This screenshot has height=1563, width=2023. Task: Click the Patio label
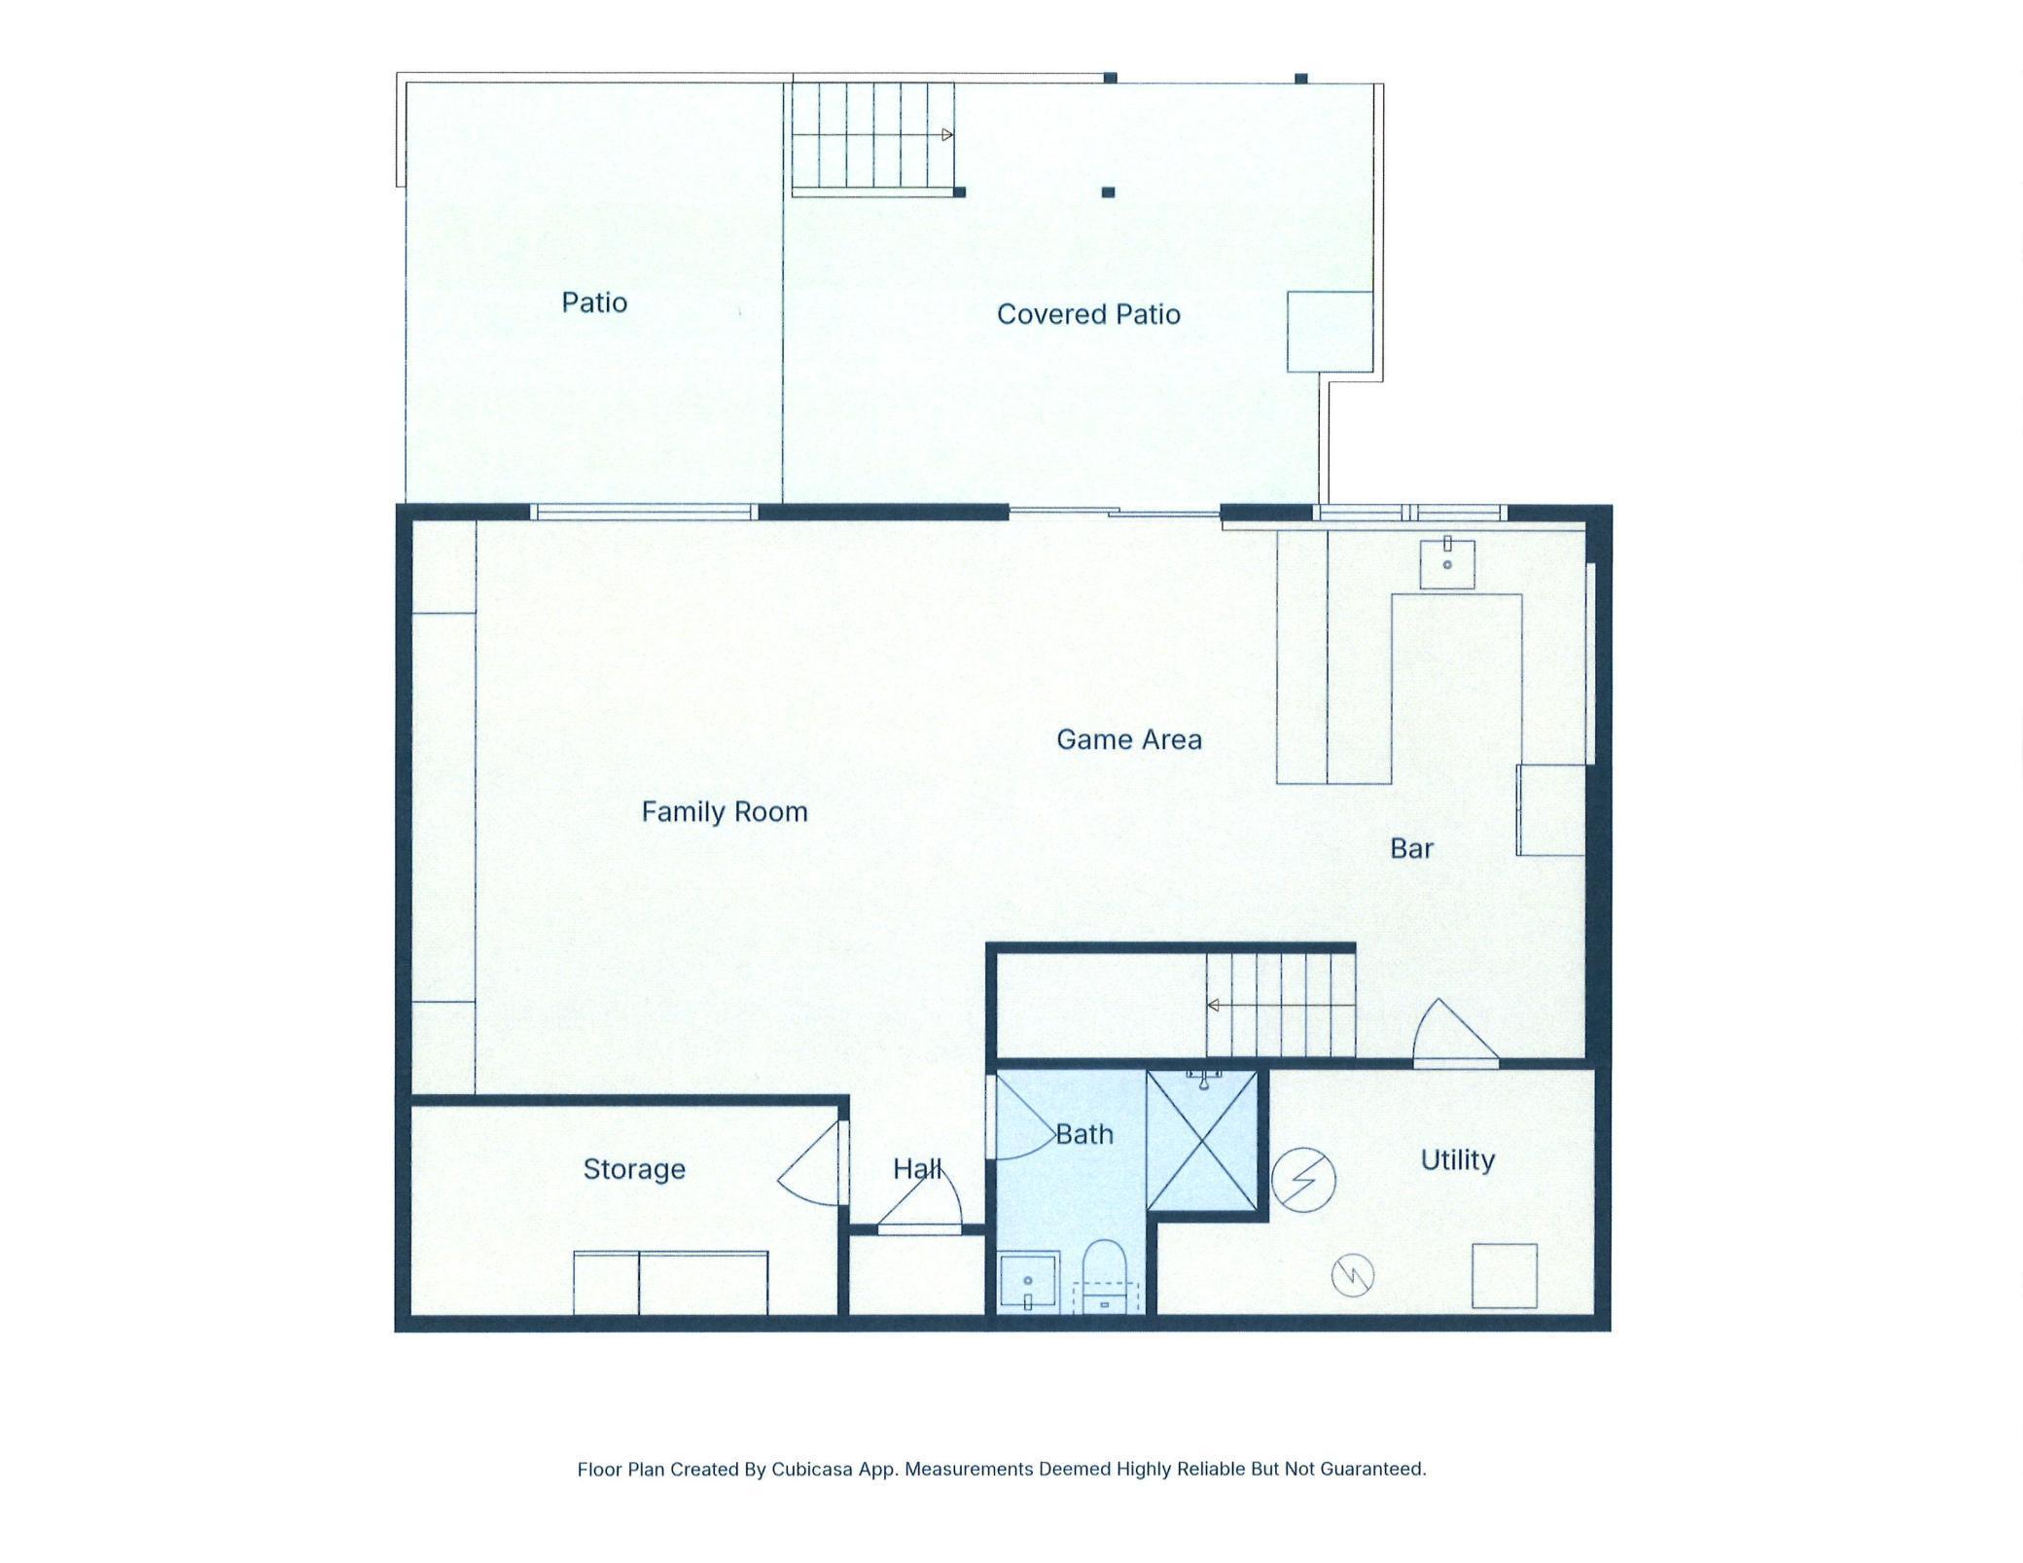[x=594, y=302]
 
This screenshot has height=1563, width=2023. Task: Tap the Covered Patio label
[x=1088, y=314]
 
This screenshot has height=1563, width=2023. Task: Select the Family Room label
[x=725, y=811]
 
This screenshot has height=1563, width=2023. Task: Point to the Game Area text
[x=1128, y=739]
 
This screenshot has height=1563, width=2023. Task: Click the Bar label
[x=1411, y=849]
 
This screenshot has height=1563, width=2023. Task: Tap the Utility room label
[x=1457, y=1159]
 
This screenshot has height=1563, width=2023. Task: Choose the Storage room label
[x=634, y=1168]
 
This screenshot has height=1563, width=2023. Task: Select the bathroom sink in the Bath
[x=1028, y=1283]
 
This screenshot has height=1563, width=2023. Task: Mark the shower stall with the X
[x=1202, y=1141]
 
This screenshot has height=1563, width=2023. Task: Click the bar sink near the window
[x=1447, y=563]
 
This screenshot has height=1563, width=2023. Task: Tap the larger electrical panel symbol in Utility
[x=1303, y=1179]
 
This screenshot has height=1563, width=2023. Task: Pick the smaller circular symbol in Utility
[x=1352, y=1274]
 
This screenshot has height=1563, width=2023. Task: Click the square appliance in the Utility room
[x=1504, y=1275]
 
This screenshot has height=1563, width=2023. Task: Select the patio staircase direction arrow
[x=947, y=135]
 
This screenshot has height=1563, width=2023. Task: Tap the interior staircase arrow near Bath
[x=1214, y=1006]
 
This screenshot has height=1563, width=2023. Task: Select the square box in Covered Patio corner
[x=1330, y=331]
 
